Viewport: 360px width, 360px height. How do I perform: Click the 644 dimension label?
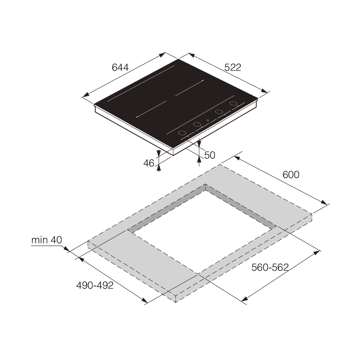[120, 67]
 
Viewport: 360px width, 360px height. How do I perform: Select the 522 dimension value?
[233, 67]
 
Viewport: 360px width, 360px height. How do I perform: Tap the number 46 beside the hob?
[149, 163]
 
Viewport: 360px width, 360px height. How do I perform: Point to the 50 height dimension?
[210, 155]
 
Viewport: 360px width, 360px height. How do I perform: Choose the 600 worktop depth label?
[291, 175]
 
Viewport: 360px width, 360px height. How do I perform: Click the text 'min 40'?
[46, 240]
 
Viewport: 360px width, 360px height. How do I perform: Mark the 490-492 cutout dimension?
[95, 285]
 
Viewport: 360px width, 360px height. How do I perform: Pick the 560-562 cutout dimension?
[270, 267]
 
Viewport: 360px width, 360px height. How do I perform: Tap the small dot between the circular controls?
[208, 120]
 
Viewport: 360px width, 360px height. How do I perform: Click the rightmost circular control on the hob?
[234, 104]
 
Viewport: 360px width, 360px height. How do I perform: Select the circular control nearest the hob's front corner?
[183, 133]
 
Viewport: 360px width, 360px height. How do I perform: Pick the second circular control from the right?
[219, 112]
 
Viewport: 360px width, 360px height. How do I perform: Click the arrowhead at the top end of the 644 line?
[162, 54]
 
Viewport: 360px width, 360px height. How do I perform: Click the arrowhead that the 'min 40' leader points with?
[66, 248]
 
